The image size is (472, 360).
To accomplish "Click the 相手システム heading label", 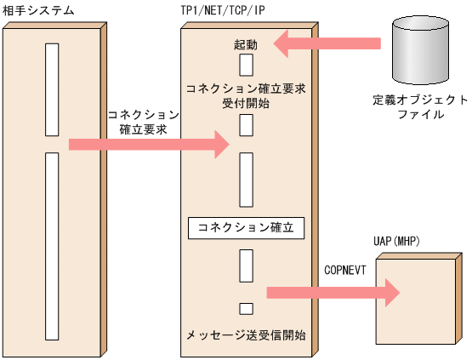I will tap(38, 10).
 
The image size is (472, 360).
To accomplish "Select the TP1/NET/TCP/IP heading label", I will tap(224, 10).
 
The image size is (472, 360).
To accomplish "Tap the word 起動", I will tap(246, 43).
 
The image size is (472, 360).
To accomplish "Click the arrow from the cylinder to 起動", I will tap(327, 43).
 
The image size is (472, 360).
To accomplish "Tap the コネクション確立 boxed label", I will tap(246, 228).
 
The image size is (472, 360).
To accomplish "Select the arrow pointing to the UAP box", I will tap(333, 293).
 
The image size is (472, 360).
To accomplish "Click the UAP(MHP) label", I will tap(395, 243).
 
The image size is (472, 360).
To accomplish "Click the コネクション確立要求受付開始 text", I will tap(245, 94).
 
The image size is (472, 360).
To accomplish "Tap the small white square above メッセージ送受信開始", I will tap(246, 308).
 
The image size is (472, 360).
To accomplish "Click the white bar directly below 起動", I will tap(246, 66).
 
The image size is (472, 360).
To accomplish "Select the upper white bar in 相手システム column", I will tap(52, 89).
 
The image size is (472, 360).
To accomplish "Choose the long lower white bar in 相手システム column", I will tap(52, 245).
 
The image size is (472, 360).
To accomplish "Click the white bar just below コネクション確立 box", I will tap(246, 266).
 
